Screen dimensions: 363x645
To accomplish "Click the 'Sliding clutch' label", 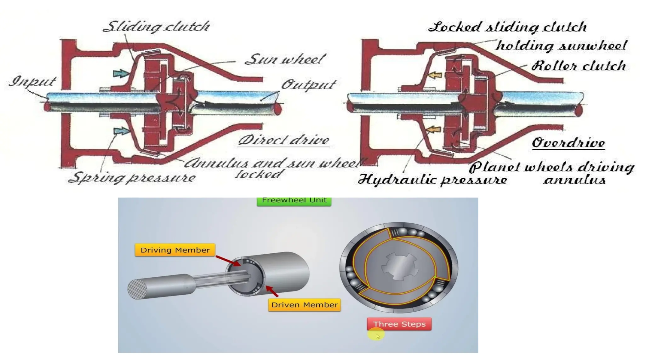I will click(x=157, y=26).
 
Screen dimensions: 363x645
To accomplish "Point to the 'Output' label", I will click(x=309, y=84).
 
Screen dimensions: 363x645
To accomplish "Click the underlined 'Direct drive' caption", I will click(x=284, y=140).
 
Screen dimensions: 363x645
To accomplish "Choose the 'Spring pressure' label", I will click(x=132, y=178).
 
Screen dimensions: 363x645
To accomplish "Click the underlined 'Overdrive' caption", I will click(x=568, y=143).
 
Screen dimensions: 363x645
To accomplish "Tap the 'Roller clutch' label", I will click(x=579, y=66).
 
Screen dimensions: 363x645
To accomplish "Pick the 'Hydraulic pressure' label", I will click(x=432, y=180).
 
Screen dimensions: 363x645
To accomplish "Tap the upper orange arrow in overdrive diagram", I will click(x=436, y=75).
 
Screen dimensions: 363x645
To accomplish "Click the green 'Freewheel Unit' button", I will click(x=294, y=201).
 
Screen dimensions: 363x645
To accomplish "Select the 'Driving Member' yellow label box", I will click(x=175, y=250).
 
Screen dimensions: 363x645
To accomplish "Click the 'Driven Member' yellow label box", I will click(x=305, y=305).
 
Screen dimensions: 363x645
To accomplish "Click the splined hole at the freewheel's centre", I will click(x=399, y=267).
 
